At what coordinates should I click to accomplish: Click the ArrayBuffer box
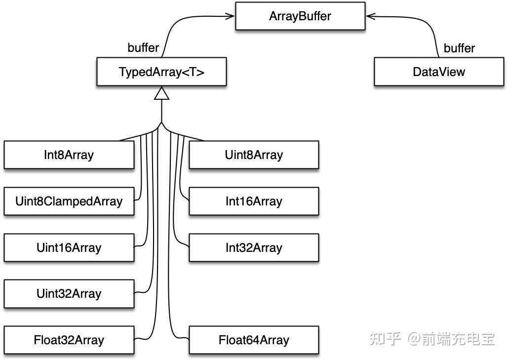pos(300,16)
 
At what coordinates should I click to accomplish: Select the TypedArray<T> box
pos(161,72)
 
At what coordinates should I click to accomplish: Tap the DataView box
pos(439,72)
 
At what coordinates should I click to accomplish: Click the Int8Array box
pos(69,155)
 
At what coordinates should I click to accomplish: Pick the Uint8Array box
pos(254,155)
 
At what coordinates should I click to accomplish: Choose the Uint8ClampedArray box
pos(69,201)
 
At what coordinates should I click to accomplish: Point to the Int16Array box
pos(254,201)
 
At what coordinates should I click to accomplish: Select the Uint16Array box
pos(69,248)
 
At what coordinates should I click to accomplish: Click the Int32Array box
pos(254,248)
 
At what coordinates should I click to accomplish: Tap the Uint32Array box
pos(69,294)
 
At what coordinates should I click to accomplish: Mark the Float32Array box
pos(69,340)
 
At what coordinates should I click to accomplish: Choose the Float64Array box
pos(254,340)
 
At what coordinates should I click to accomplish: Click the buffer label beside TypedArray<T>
pos(143,48)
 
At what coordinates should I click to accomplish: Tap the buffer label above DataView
pos(459,48)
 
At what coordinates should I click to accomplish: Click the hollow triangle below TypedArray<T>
pos(161,93)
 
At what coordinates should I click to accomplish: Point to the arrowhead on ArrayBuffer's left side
pos(230,16)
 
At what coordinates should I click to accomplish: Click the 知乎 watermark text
pos(386,339)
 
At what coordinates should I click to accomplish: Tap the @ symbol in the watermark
pos(414,339)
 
